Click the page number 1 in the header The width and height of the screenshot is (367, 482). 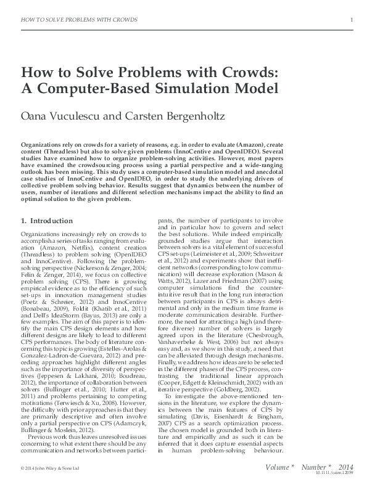click(x=351, y=20)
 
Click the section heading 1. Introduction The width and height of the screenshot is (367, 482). click(x=47, y=219)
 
